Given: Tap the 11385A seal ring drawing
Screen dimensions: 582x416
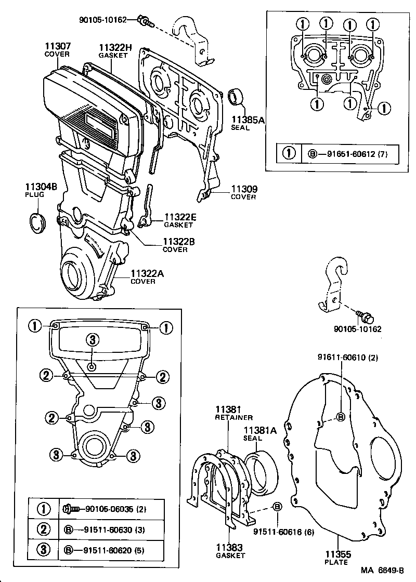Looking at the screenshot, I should [x=237, y=97].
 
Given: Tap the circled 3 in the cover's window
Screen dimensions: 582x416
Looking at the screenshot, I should [x=92, y=340].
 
